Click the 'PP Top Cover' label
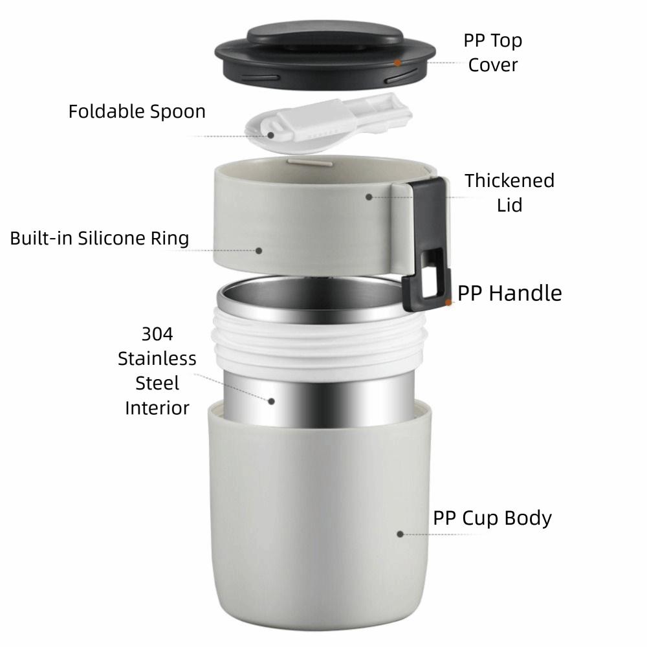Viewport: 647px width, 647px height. click(x=492, y=52)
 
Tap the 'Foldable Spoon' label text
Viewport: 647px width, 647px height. click(x=137, y=111)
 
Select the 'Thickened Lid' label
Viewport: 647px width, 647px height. click(x=509, y=192)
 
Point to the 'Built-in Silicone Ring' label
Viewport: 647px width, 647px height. click(x=100, y=238)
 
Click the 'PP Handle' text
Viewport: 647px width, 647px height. click(x=510, y=293)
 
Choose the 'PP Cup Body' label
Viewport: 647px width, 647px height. click(x=492, y=518)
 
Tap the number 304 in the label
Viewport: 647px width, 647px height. click(x=157, y=334)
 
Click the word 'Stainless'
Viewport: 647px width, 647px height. click(x=157, y=358)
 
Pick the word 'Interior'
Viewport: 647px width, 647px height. click(x=157, y=408)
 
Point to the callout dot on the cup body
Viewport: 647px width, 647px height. click(x=400, y=534)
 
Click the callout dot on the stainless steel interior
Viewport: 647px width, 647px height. click(x=271, y=401)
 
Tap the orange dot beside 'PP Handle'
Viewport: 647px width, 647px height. click(x=448, y=302)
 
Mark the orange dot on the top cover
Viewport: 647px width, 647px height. click(x=398, y=63)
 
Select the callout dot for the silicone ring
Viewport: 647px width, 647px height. click(x=259, y=249)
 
